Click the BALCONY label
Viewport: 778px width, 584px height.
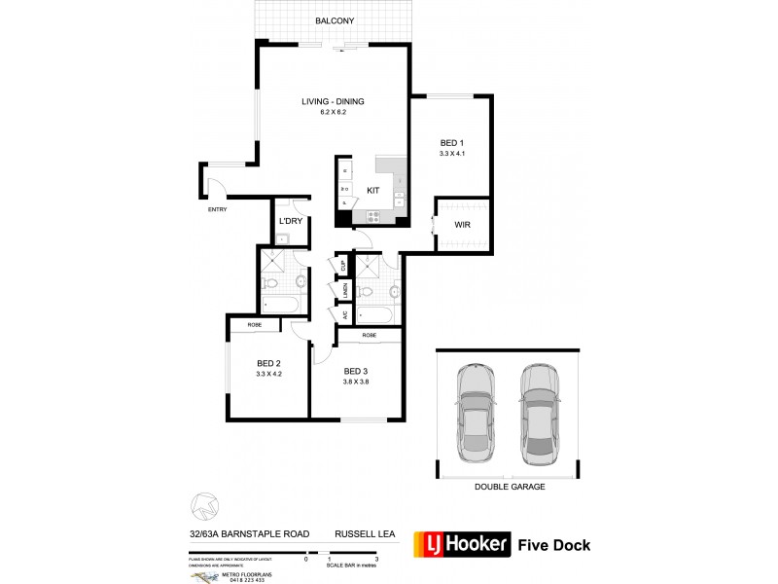point(334,20)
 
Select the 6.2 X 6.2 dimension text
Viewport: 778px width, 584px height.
point(334,113)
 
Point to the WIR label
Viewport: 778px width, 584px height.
point(463,225)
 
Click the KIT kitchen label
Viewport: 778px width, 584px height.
point(372,191)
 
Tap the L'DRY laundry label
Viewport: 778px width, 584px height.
point(290,222)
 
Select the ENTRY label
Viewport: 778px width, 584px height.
point(217,208)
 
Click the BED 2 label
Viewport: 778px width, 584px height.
point(267,361)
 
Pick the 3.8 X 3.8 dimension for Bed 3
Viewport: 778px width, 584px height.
point(357,381)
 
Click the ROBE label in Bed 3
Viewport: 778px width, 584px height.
point(369,335)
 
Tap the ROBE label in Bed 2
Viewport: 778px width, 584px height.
point(254,324)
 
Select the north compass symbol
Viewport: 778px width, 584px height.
point(202,505)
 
